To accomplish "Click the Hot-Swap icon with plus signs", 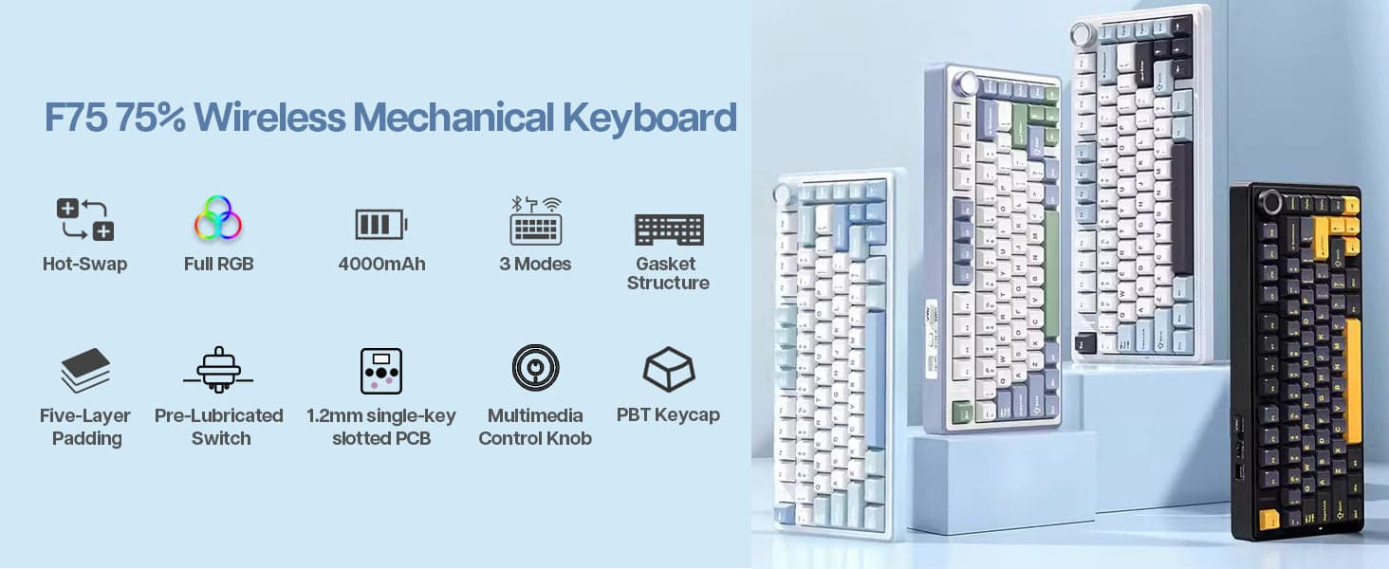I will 84,220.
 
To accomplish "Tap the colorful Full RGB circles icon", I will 218,218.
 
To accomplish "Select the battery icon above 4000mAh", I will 380,225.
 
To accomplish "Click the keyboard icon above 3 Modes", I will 536,221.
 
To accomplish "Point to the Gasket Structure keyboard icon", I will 668,229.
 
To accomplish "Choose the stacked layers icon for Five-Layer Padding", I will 85,371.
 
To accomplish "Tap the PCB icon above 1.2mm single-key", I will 380,371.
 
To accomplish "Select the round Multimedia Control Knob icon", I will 535,368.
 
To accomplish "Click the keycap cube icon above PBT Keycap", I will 668,370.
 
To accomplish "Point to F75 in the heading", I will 75,118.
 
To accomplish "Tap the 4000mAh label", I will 381,264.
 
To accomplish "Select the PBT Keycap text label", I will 668,414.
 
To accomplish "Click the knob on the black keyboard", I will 1270,202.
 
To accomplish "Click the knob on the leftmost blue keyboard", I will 784,194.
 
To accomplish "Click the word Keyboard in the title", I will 649,118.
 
